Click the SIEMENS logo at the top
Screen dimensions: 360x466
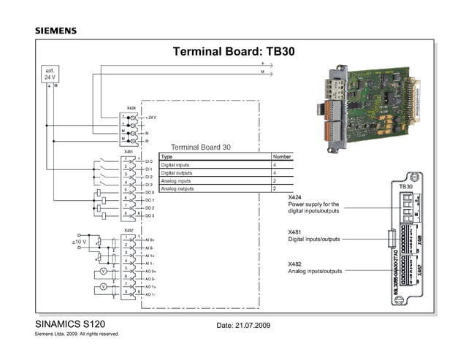(56, 31)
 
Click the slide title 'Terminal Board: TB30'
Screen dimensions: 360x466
(232, 52)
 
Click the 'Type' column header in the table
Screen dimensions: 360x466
(167, 156)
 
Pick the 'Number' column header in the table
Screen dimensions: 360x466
(281, 156)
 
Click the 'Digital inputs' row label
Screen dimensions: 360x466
(175, 165)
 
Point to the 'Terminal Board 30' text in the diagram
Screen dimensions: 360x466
(200, 147)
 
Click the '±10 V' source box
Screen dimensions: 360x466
(78, 241)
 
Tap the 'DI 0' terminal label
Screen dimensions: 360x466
(149, 161)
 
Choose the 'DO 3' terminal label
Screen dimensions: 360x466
(149, 216)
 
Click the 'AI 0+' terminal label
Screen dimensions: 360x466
(150, 240)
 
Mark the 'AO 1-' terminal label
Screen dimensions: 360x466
(150, 294)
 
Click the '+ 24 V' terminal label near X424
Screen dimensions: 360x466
(150, 118)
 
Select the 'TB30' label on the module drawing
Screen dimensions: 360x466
(406, 188)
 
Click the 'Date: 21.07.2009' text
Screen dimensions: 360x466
(244, 324)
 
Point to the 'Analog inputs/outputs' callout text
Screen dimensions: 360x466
(315, 271)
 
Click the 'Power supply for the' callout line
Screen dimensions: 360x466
(313, 204)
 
